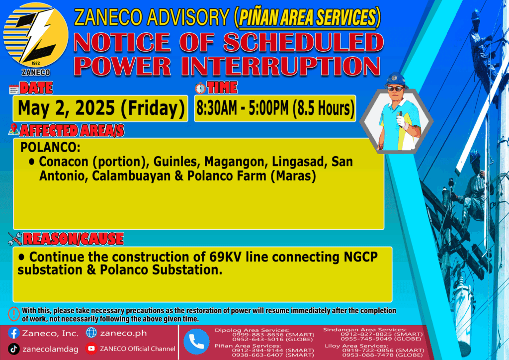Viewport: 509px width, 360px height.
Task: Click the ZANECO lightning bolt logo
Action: coord(36,35)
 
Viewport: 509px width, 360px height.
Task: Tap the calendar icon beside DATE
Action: coord(13,90)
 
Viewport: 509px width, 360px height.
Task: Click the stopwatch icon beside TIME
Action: coord(200,89)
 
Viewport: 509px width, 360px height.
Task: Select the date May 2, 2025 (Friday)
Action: coord(101,108)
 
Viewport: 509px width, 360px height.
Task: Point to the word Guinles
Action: coord(175,162)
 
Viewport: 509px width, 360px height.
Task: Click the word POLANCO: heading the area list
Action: coord(50,147)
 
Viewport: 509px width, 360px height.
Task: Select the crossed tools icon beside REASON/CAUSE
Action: coord(15,239)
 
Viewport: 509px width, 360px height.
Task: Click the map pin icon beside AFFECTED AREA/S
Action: coord(13,129)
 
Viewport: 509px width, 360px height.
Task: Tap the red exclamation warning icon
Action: coord(13,314)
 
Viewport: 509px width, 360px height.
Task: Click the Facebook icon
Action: coord(14,333)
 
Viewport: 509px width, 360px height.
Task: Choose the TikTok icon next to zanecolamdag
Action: coord(13,349)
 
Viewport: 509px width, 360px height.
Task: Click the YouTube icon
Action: coord(91,348)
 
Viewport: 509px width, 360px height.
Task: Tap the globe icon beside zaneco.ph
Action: coord(91,333)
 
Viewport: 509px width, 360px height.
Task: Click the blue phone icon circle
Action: coord(196,342)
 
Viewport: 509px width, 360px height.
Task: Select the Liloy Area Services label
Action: coord(356,346)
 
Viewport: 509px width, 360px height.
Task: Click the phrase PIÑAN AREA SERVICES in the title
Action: coord(307,17)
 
